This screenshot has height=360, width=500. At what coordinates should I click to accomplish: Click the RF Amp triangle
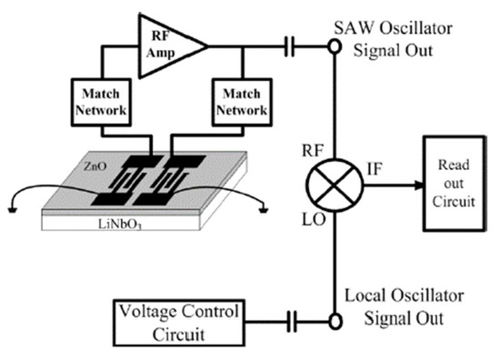pyautogui.click(x=165, y=42)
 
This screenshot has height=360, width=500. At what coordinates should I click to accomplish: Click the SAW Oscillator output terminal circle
pyautogui.click(x=334, y=43)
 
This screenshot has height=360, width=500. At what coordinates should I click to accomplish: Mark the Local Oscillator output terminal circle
pyautogui.click(x=334, y=321)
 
